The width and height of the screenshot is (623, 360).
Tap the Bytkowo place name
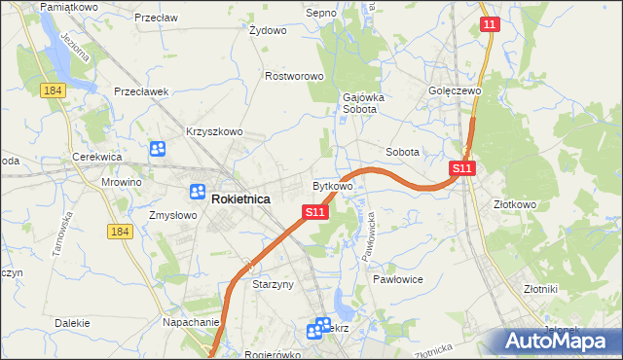pos(332,185)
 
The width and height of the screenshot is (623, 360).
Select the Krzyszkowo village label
pos(214,131)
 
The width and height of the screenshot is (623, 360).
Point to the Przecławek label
pos(141,91)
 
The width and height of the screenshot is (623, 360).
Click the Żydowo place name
pos(268,30)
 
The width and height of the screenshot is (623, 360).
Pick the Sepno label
pos(320,13)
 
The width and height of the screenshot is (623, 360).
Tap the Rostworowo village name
pos(294,75)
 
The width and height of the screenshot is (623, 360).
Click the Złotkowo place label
pos(515,205)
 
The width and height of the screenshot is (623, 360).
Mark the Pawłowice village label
pos(396,278)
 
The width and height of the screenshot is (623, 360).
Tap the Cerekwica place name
pos(96,157)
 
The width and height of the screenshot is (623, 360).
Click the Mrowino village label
pos(122,182)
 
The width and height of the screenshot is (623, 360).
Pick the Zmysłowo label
pos(172,215)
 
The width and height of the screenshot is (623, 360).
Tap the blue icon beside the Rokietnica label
pos(199,193)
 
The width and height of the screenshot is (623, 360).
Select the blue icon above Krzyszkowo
pos(158,150)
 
